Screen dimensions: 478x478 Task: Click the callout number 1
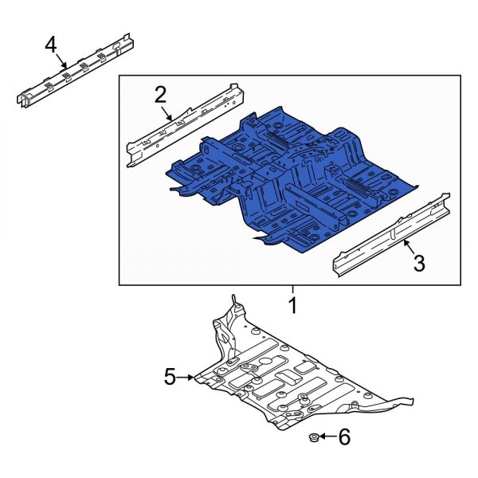pos(292,304)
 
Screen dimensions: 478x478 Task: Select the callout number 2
pos(160,95)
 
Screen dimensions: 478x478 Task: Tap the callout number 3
pos(419,262)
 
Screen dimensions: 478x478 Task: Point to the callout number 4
pos(51,44)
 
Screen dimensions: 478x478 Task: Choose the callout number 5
pos(170,377)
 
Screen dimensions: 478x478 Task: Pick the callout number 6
pos(344,437)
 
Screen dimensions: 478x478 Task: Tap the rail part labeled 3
pos(390,235)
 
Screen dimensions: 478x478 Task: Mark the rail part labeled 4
pos(76,72)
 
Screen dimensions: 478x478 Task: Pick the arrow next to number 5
pos(188,377)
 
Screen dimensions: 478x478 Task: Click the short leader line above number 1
pos(292,290)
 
